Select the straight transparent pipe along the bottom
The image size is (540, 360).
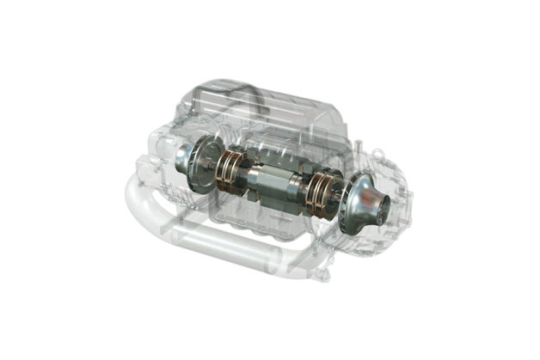pos(224,241)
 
